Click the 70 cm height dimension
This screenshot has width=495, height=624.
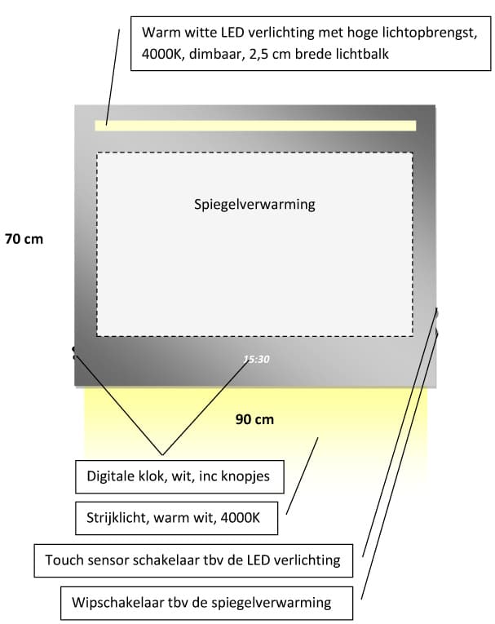pos(24,239)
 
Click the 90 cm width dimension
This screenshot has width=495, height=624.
pos(254,419)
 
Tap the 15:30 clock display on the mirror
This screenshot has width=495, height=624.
pos(257,360)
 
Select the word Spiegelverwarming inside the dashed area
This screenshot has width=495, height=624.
pos(254,205)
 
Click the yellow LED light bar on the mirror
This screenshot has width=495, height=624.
pos(255,126)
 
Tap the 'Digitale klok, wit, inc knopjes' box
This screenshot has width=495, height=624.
pos(179,476)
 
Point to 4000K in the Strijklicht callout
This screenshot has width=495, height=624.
pos(241,518)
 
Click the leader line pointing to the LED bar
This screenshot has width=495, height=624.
pos(113,77)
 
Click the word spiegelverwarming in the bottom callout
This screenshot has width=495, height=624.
pos(271,603)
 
